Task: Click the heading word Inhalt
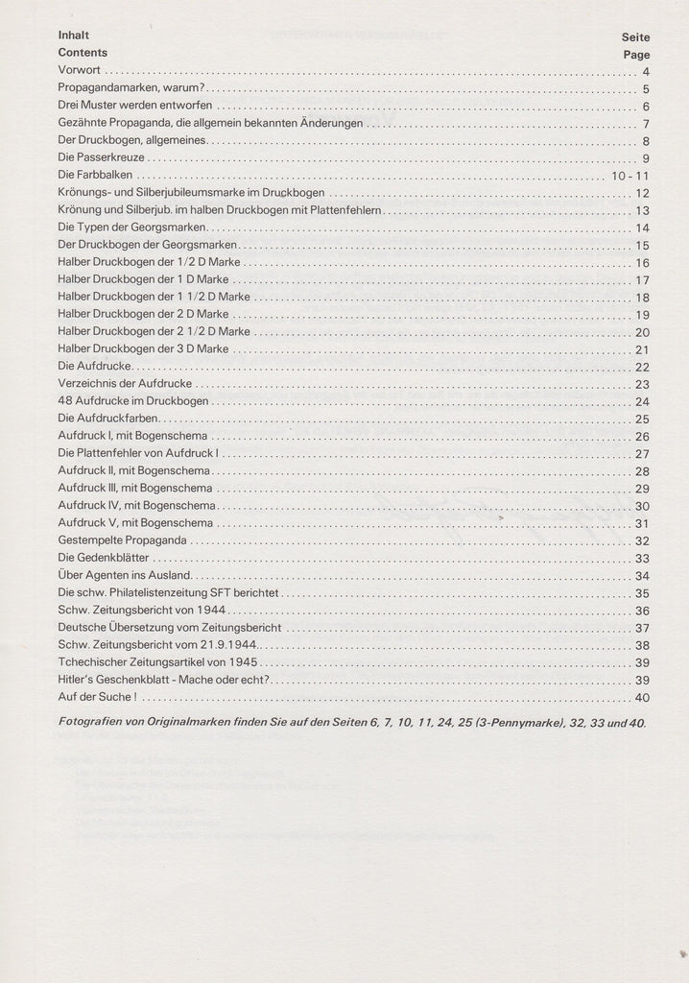(x=73, y=36)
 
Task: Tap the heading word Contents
(x=83, y=53)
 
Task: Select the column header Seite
(x=635, y=37)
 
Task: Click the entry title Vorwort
(x=80, y=71)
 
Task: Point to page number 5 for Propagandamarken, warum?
(x=647, y=89)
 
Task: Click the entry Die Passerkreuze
(x=102, y=158)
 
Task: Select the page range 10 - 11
(x=630, y=176)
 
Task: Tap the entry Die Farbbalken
(x=95, y=176)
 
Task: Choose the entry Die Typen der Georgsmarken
(x=131, y=228)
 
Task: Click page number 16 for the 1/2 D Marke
(x=642, y=262)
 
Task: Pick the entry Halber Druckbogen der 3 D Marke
(x=143, y=349)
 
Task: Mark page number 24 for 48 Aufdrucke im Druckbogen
(x=642, y=401)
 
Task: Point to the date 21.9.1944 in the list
(x=223, y=645)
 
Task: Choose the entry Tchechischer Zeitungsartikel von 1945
(x=158, y=662)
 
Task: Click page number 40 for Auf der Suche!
(x=642, y=698)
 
